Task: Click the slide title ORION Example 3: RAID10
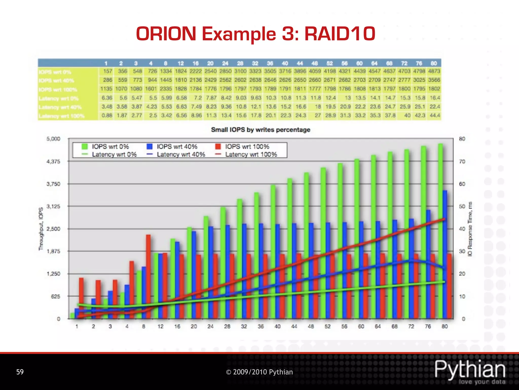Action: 255,34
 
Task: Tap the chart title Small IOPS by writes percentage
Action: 261,130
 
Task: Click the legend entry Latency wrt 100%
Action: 246,154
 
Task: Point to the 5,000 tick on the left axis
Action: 53,139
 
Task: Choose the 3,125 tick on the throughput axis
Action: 53,206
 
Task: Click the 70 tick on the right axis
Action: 462,161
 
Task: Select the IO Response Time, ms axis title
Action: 470,229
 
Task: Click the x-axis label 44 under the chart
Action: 294,327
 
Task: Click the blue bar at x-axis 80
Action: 445,254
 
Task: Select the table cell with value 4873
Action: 434,71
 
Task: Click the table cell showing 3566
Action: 434,80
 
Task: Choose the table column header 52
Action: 330,63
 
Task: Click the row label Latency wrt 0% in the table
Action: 59,98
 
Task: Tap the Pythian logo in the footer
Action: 470,371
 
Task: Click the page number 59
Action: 20,372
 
